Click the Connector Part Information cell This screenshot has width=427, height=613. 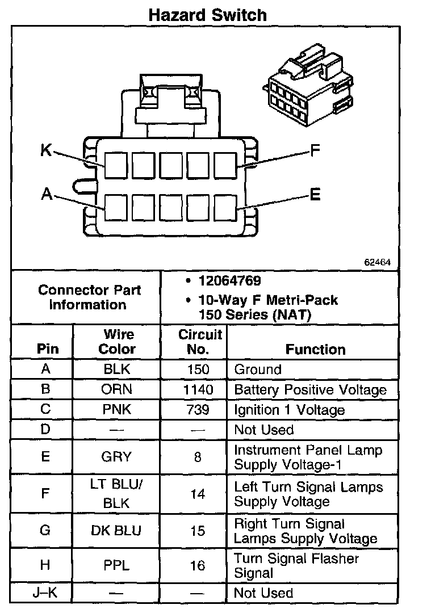(90, 297)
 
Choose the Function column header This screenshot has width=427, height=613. (315, 349)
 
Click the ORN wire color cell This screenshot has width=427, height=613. (117, 389)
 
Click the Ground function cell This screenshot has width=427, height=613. (258, 370)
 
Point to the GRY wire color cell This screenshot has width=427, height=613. (117, 457)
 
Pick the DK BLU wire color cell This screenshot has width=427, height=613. (117, 531)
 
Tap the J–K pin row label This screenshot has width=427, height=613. (46, 593)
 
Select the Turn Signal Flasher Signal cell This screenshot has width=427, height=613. (296, 565)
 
